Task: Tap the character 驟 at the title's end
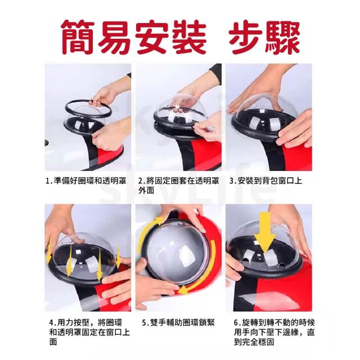(283, 37)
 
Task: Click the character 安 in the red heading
(152, 37)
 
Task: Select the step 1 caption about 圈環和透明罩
(86, 181)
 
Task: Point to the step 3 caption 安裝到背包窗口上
(265, 181)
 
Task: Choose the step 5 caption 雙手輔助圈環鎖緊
(178, 322)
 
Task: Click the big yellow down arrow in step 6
(265, 232)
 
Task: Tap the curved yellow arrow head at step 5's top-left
(159, 220)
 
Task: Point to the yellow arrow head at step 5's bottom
(184, 290)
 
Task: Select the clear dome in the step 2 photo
(180, 108)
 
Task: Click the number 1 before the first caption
(48, 181)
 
